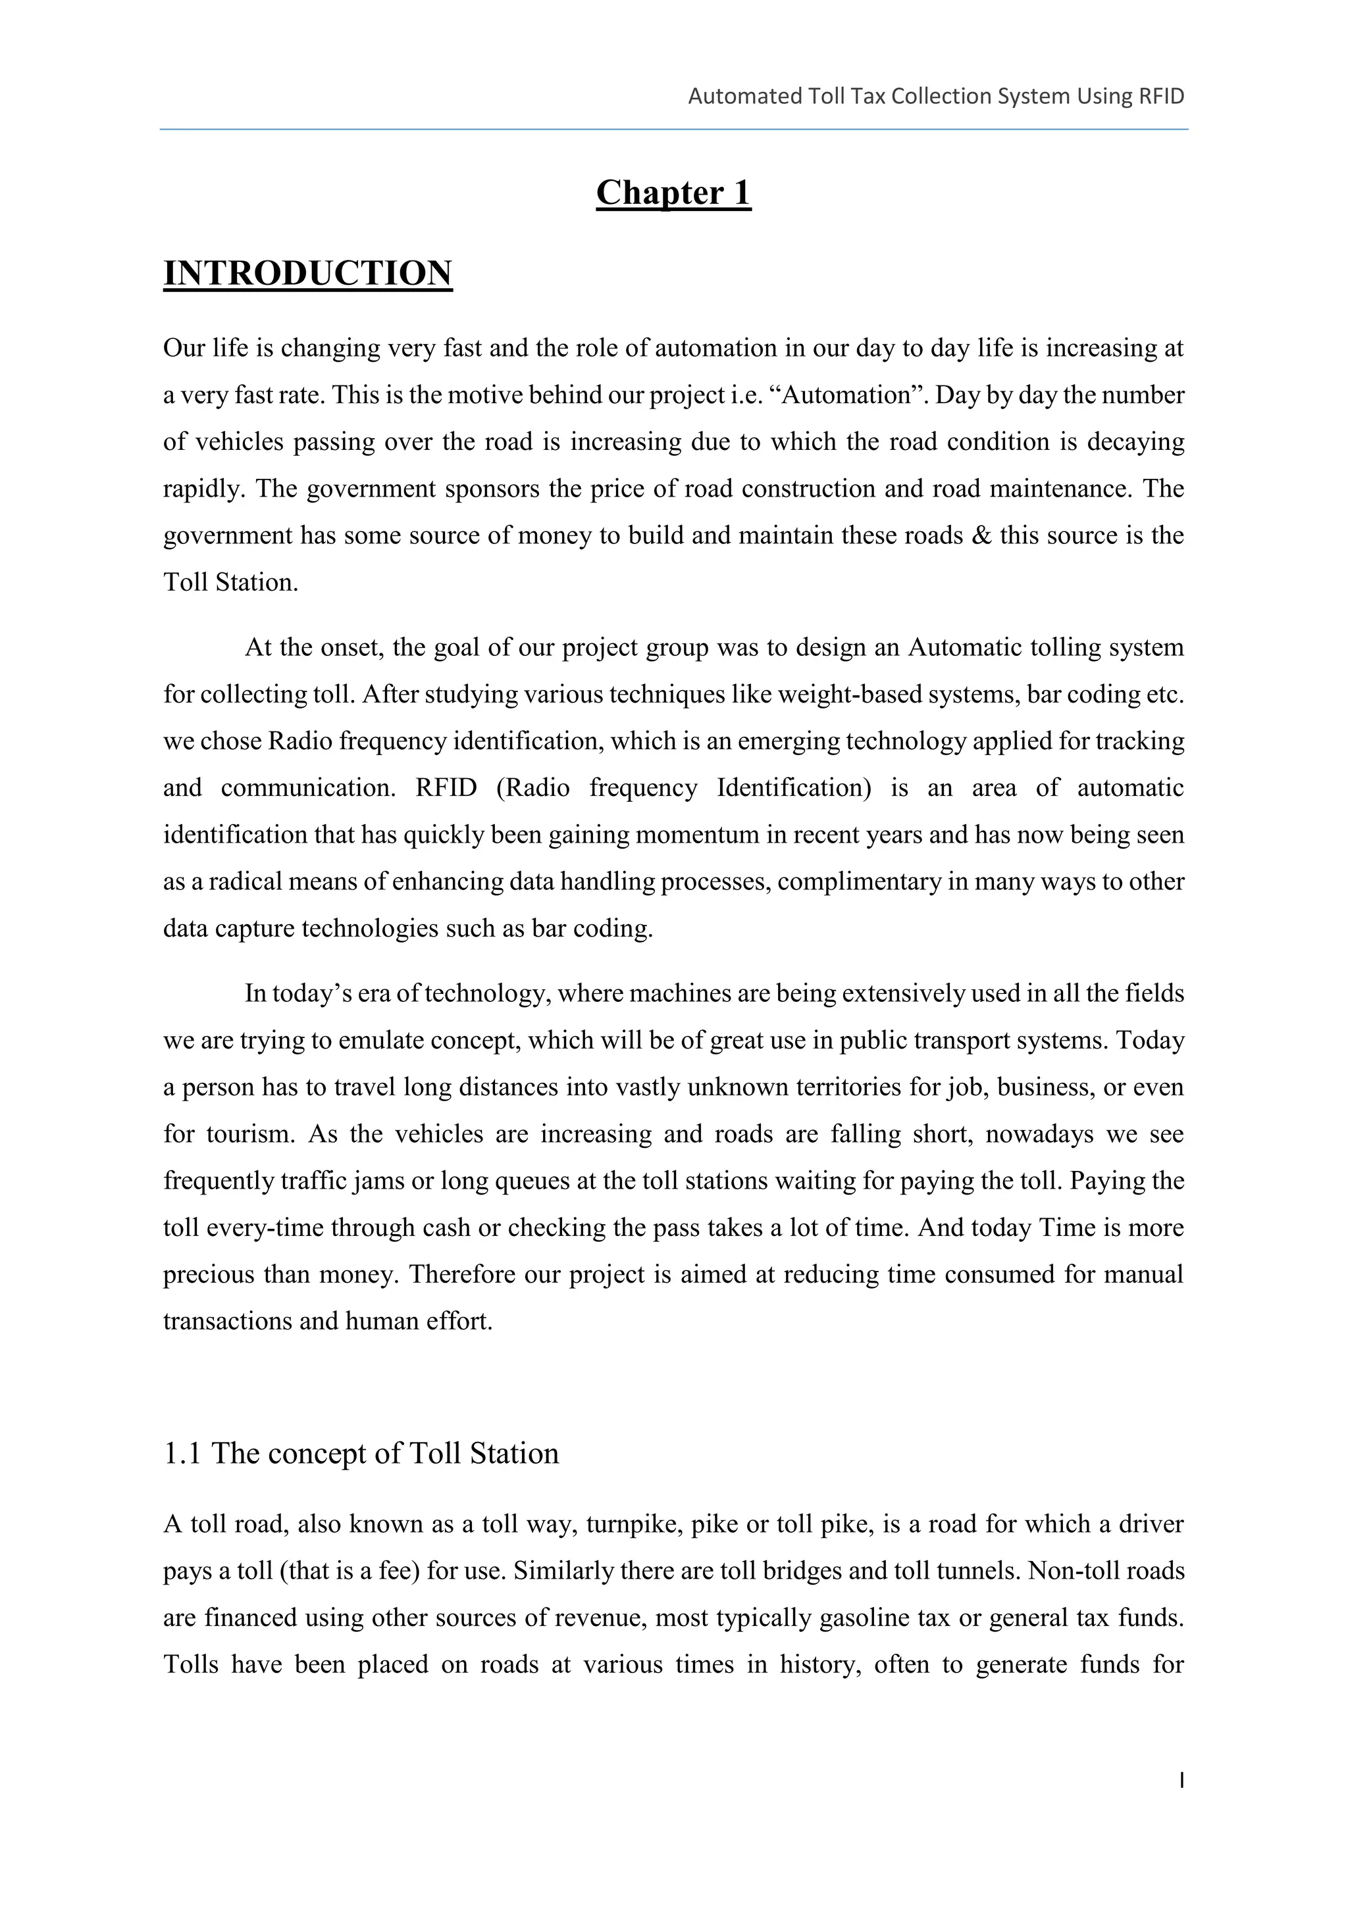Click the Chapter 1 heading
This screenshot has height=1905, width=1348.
673,193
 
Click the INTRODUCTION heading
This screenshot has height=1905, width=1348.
308,274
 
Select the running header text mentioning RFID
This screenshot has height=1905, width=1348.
935,96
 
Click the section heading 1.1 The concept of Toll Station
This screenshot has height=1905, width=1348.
361,1454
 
